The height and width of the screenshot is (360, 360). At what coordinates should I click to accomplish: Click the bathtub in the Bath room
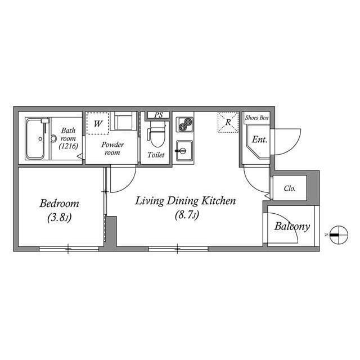[35, 139]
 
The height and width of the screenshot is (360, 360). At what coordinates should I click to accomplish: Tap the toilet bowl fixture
[157, 134]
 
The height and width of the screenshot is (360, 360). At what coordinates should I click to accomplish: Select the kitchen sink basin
[184, 151]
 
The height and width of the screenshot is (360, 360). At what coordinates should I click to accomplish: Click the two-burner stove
[184, 124]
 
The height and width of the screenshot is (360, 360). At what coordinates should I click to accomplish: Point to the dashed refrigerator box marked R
[228, 123]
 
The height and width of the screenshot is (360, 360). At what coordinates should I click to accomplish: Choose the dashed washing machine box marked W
[97, 123]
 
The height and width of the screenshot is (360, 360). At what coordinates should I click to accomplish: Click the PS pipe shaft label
[159, 115]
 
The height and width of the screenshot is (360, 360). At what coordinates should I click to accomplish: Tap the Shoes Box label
[256, 118]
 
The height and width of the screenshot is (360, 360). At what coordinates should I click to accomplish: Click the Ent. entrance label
[260, 139]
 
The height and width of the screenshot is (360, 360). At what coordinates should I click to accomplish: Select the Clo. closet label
[290, 188]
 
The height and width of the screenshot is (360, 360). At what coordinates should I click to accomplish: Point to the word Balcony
[292, 226]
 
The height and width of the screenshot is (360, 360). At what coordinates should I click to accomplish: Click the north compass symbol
[339, 235]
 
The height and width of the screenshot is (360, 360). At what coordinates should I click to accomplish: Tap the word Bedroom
[59, 204]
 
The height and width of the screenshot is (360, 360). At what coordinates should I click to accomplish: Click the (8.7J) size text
[187, 215]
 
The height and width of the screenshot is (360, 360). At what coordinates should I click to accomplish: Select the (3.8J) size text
[60, 218]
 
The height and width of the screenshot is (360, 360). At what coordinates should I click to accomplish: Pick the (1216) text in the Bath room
[69, 146]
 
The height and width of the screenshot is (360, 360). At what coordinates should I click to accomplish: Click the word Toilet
[156, 155]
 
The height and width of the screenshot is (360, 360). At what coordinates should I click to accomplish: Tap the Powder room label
[112, 148]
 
